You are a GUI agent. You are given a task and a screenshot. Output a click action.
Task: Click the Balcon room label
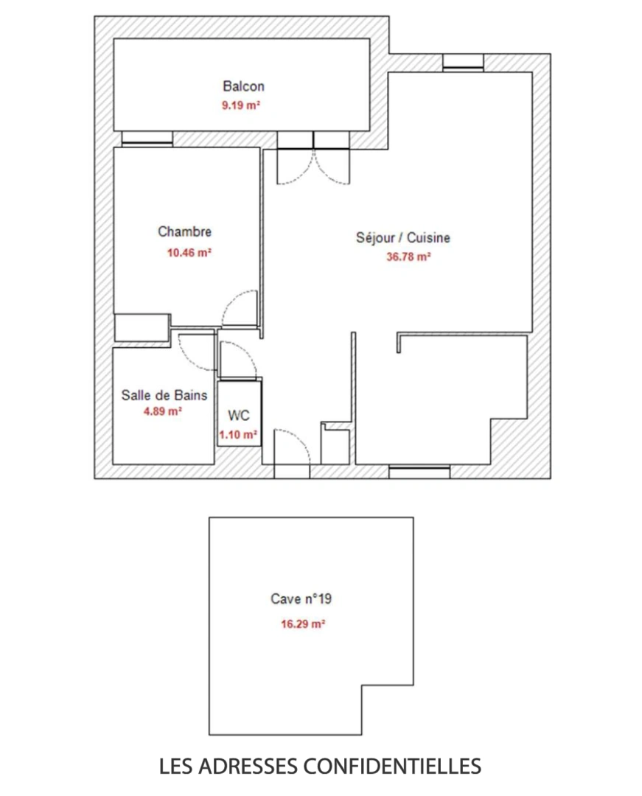pyautogui.click(x=243, y=86)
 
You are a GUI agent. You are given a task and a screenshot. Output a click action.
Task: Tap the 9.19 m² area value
pyautogui.click(x=240, y=105)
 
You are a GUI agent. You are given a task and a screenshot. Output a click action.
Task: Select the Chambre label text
pyautogui.click(x=184, y=231)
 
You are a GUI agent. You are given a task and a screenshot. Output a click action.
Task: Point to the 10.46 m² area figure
pyautogui.click(x=190, y=252)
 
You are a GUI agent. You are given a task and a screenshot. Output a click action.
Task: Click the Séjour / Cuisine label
pyautogui.click(x=403, y=238)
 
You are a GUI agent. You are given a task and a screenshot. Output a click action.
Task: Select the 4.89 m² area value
pyautogui.click(x=163, y=412)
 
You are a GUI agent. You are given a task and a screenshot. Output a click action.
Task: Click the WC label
pyautogui.click(x=238, y=416)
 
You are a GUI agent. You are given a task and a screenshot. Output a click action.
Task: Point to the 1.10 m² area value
pyautogui.click(x=238, y=436)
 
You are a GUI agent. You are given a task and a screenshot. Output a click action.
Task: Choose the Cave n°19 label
pyautogui.click(x=301, y=599)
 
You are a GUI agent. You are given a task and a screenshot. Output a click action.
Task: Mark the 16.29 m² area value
pyautogui.click(x=303, y=624)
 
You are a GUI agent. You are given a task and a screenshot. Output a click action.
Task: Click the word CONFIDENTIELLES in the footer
pyautogui.click(x=394, y=766)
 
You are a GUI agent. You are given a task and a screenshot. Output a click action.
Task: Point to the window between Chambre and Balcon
pyautogui.click(x=147, y=139)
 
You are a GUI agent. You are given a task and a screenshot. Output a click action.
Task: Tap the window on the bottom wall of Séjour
pyautogui.click(x=419, y=472)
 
